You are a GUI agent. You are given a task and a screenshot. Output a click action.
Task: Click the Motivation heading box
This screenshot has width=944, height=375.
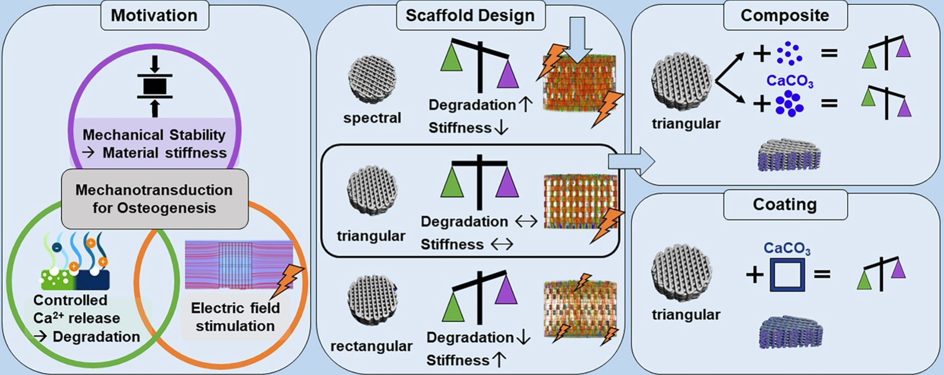pyautogui.click(x=154, y=15)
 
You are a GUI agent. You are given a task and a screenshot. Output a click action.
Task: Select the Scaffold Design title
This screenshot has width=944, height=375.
pyautogui.click(x=470, y=15)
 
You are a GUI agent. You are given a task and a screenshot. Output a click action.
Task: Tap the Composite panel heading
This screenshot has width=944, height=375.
pyautogui.click(x=785, y=15)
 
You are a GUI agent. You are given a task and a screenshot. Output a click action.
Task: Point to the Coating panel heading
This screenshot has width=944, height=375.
pyautogui.click(x=785, y=204)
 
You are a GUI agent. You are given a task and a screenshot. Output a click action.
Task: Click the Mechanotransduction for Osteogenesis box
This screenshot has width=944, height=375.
pyautogui.click(x=155, y=199)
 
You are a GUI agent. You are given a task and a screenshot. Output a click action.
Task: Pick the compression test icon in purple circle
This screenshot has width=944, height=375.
pyautogui.click(x=155, y=86)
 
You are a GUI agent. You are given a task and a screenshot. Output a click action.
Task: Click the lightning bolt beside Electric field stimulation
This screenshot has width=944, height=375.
pyautogui.click(x=287, y=281)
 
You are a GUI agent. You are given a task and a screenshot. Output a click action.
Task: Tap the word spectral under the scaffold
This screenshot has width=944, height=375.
pyautogui.click(x=372, y=118)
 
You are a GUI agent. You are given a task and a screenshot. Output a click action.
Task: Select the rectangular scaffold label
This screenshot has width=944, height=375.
pyautogui.click(x=371, y=346)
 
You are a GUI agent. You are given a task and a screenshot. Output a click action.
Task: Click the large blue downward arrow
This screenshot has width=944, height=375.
pyautogui.click(x=578, y=40)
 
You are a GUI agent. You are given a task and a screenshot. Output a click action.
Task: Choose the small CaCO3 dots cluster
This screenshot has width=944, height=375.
pyautogui.click(x=789, y=54)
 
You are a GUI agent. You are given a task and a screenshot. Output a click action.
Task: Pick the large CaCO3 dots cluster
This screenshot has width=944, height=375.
pyautogui.click(x=789, y=103)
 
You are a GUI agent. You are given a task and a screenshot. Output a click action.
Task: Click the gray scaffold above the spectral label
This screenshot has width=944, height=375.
pyautogui.click(x=372, y=80)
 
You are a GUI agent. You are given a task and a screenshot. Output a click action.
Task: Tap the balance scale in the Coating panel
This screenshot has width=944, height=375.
pyautogui.click(x=881, y=274)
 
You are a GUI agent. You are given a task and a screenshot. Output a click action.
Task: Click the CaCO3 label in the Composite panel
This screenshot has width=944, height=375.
pyautogui.click(x=790, y=80)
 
